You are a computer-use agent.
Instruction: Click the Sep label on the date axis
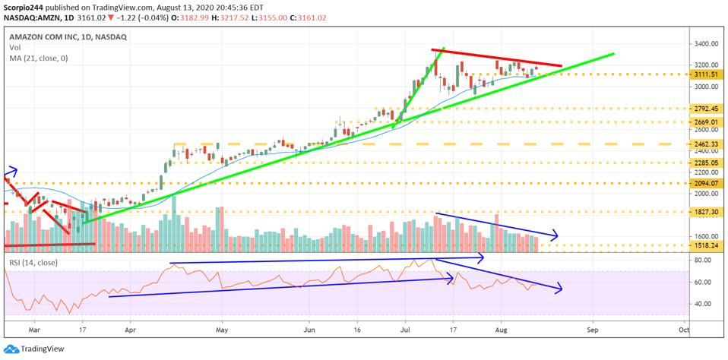593,331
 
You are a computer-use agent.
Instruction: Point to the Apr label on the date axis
130,331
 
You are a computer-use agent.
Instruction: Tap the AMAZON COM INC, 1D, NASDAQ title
68,36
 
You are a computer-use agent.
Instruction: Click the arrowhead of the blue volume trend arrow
557,235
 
